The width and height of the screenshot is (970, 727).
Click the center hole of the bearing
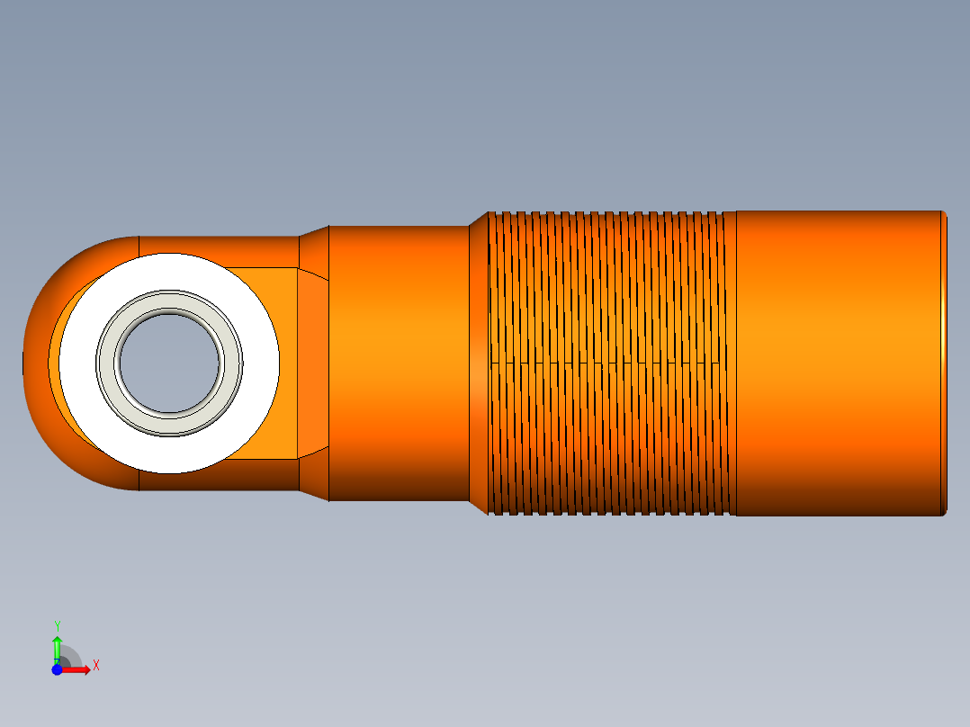coord(169,363)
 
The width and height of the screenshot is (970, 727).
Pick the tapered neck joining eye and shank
coord(313,363)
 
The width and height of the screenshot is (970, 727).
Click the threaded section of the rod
coord(612,297)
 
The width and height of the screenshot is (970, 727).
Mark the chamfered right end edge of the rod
coord(944,363)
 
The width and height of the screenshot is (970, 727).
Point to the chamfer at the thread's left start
coord(479,363)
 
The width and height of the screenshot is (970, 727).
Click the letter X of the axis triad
coord(96,666)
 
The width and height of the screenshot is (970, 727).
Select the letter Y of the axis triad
coord(58,624)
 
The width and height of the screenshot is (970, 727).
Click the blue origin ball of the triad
coord(57,669)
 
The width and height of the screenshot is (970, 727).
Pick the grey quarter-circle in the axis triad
coord(72,655)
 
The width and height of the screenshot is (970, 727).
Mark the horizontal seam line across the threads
coord(612,363)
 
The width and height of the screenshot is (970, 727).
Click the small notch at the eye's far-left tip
coord(23,363)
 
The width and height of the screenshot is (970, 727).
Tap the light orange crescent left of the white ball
coord(55,360)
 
